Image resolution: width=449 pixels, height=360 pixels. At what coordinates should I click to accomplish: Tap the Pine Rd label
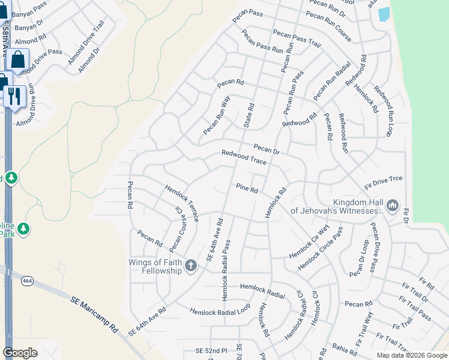click(x=247, y=188)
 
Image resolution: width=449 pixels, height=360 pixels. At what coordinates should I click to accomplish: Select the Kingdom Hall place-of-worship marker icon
click(x=393, y=206)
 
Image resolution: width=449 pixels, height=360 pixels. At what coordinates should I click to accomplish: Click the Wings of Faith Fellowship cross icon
click(x=190, y=265)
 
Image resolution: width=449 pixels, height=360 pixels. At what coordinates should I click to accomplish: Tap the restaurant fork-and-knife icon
click(x=14, y=95)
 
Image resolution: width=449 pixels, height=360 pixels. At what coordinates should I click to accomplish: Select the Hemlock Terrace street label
click(x=182, y=202)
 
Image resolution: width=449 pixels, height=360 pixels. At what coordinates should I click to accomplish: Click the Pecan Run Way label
click(x=217, y=115)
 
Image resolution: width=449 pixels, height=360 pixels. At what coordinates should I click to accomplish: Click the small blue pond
click(x=384, y=14)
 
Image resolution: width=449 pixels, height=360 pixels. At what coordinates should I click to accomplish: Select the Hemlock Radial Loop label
click(x=220, y=311)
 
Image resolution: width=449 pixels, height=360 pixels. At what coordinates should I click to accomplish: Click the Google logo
click(x=20, y=353)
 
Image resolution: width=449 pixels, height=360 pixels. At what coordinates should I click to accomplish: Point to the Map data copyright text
click(x=411, y=355)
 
